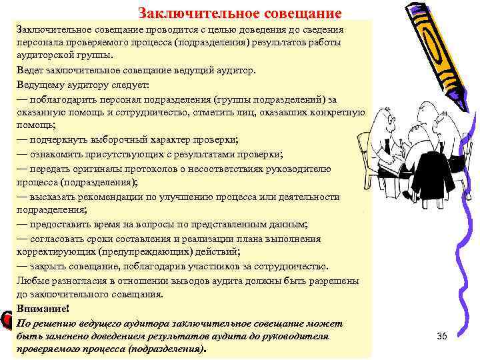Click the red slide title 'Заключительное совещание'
tap(239, 13)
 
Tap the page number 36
tap(441, 336)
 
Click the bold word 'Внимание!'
tap(41, 309)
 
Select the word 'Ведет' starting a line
tap(29, 71)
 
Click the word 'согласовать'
tap(58, 239)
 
